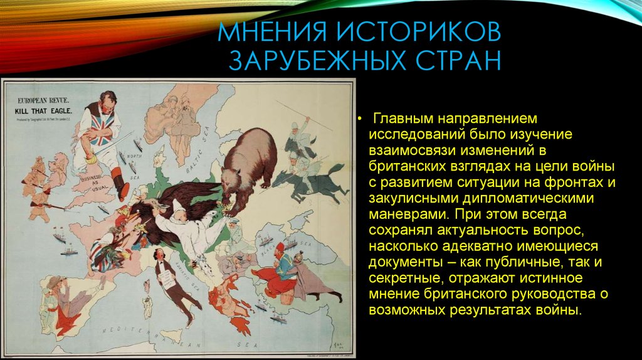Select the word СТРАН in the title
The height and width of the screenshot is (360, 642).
pos(452,61)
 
